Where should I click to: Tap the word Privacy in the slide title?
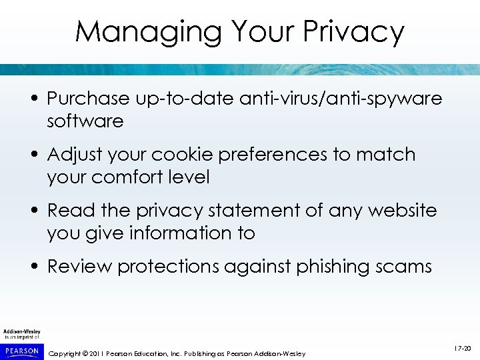(x=353, y=31)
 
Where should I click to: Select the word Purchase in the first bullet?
(x=88, y=99)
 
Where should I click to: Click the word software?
(x=85, y=121)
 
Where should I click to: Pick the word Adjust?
(x=74, y=155)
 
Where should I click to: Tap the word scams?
(x=406, y=267)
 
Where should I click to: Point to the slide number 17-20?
(x=463, y=348)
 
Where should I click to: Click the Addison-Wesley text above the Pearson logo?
(x=21, y=331)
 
